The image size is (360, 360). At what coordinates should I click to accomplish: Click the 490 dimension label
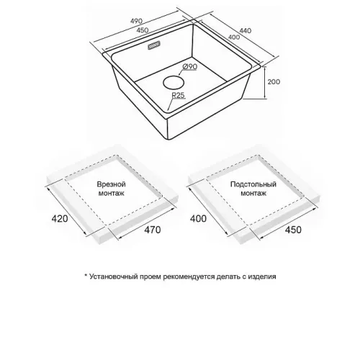coord(137,21)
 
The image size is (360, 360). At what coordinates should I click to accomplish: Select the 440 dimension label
coord(246,31)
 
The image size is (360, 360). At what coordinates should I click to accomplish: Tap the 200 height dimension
coord(274,82)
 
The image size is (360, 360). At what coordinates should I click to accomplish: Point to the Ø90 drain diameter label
coord(189,66)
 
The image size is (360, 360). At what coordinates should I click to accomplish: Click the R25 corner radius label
coord(178,95)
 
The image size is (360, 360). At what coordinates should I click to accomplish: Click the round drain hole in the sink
coord(174,83)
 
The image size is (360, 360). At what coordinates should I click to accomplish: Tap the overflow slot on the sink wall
coord(154,45)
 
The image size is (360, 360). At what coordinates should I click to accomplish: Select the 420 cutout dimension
coord(60,219)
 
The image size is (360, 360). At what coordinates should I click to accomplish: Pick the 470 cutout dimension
coord(153,230)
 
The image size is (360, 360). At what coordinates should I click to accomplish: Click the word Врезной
coord(112,184)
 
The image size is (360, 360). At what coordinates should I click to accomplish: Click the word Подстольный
coord(253,184)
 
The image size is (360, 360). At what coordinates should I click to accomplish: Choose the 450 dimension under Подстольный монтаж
coord(293,230)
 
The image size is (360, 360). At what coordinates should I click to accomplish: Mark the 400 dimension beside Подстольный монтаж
coord(198,219)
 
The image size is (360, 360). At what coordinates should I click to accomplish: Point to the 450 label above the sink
coord(143,30)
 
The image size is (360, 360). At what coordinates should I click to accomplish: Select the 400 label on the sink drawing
coord(234,37)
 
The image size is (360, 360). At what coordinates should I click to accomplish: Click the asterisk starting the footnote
coord(86,275)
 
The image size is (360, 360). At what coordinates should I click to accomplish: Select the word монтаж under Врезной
coord(112,193)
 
